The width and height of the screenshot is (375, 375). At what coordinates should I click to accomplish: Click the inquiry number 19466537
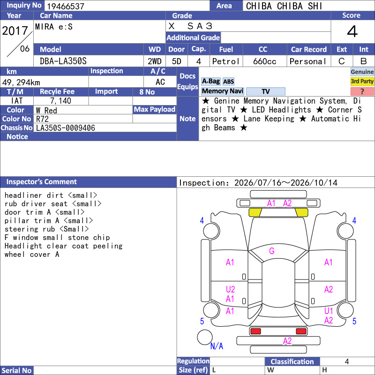tap(66, 6)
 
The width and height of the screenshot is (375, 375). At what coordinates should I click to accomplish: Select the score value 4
tap(352, 31)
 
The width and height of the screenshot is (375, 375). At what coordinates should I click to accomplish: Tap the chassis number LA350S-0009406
tap(66, 128)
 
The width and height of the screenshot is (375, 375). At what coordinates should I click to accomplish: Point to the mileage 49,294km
tap(21, 82)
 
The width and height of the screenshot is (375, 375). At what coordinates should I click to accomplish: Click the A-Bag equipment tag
tap(210, 81)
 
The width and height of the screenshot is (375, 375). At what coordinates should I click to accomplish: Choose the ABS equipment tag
tap(228, 82)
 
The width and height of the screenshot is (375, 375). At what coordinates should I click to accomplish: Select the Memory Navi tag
tap(222, 91)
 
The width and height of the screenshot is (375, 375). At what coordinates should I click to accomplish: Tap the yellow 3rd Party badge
tap(362, 81)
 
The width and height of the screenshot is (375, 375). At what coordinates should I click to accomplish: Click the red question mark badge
tap(362, 91)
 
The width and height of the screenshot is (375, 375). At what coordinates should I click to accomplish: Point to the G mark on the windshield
tap(272, 251)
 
